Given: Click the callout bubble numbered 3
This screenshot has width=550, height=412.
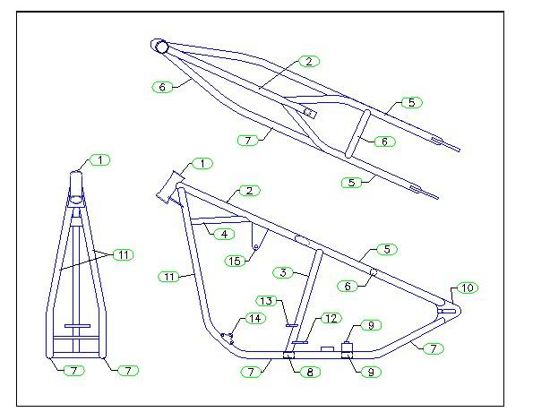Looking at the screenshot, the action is (x=283, y=272).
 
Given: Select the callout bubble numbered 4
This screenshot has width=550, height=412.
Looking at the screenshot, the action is (x=224, y=234).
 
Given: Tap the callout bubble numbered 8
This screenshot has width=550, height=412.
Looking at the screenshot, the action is (x=310, y=372).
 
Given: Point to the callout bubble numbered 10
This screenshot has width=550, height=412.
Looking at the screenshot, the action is (x=468, y=288).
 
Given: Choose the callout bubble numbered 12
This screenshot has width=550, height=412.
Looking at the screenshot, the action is (x=331, y=318).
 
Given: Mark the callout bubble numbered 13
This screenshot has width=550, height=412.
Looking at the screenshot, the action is (x=266, y=301).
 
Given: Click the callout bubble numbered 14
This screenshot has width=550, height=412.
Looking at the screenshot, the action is (x=255, y=318).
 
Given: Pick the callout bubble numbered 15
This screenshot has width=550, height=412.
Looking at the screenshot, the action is (x=235, y=261).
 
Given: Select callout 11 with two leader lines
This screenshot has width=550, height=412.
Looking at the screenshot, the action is (x=123, y=254).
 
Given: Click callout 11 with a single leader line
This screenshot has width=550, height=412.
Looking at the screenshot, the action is (x=169, y=277).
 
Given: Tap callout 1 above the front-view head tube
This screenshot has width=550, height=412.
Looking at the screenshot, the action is (x=100, y=160).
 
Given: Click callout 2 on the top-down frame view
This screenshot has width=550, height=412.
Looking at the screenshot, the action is (x=309, y=62).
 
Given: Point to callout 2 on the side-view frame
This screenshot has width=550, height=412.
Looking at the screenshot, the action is (x=249, y=191).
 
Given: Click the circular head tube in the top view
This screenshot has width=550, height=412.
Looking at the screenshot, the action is (x=162, y=47).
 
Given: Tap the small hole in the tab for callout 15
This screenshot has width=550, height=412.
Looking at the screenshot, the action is (x=256, y=247).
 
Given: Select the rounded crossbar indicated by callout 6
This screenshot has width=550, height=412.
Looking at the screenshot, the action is (x=357, y=134).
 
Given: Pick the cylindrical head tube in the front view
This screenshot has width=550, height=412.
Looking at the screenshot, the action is (x=76, y=186).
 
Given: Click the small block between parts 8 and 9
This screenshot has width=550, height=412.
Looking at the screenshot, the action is (x=327, y=349).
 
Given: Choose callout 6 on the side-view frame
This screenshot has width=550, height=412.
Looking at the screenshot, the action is (x=348, y=286).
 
